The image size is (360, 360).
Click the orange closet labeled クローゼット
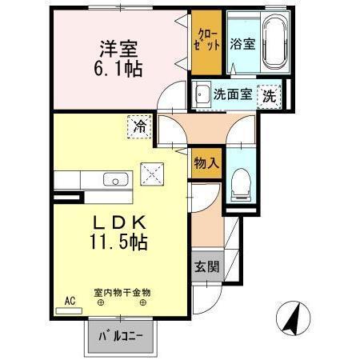[x=205, y=41]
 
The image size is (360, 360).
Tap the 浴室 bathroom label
[x=242, y=44]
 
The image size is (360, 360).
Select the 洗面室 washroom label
[x=232, y=94]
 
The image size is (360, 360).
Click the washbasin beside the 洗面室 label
[x=201, y=92]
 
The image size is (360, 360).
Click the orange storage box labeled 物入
[x=206, y=163]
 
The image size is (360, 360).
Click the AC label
[x=70, y=302]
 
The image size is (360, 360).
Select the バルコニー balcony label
[x=120, y=336]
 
